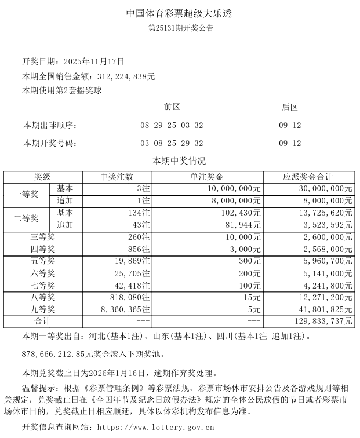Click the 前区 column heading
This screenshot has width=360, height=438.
[172, 107]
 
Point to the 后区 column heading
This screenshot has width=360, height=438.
[290, 107]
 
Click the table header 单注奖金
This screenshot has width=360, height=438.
[207, 177]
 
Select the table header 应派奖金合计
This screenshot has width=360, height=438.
[308, 177]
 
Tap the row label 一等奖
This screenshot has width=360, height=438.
[26, 195]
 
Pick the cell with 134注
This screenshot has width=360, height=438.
[137, 213]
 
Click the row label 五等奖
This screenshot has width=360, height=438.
[43, 261]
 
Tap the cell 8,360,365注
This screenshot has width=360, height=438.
[125, 309]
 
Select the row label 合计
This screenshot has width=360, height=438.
[43, 321]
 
